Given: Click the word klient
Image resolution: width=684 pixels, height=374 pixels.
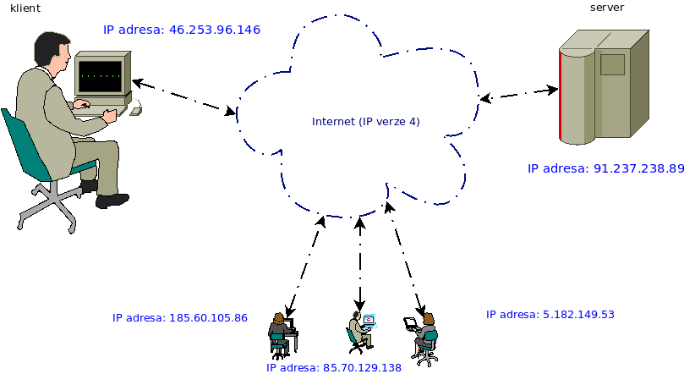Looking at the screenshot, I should (x=25, y=7).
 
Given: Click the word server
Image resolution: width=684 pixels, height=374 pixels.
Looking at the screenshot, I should (x=606, y=7).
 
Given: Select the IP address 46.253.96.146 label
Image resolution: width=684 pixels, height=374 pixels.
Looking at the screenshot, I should (x=181, y=30).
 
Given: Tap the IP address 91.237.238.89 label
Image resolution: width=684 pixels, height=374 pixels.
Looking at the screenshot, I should (x=605, y=168).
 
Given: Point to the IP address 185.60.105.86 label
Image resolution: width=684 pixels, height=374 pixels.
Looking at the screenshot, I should (x=179, y=318).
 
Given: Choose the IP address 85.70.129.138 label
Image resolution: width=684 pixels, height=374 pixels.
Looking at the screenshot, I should (x=333, y=368).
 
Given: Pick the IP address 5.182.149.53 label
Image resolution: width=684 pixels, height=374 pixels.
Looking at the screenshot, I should (x=550, y=314).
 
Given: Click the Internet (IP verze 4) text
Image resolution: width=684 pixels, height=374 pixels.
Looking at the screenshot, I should (x=365, y=122).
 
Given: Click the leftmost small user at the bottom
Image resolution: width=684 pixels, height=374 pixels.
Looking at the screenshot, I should (x=280, y=333).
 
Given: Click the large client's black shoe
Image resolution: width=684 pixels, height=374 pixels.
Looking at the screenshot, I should (x=112, y=201).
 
